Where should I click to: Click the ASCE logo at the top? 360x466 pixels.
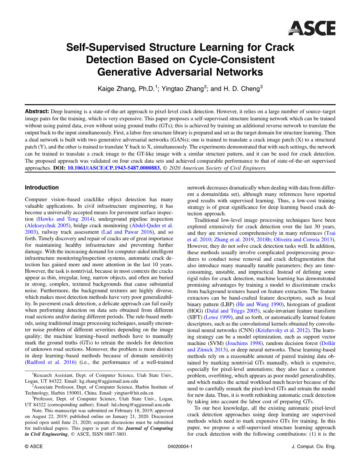coord(312,28)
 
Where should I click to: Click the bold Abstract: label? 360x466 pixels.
coord(37,112)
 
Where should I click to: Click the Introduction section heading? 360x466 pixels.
coord(42,188)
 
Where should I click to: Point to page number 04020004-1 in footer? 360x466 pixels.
coord(180,447)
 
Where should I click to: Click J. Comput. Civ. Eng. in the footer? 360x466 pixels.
coord(314,447)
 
